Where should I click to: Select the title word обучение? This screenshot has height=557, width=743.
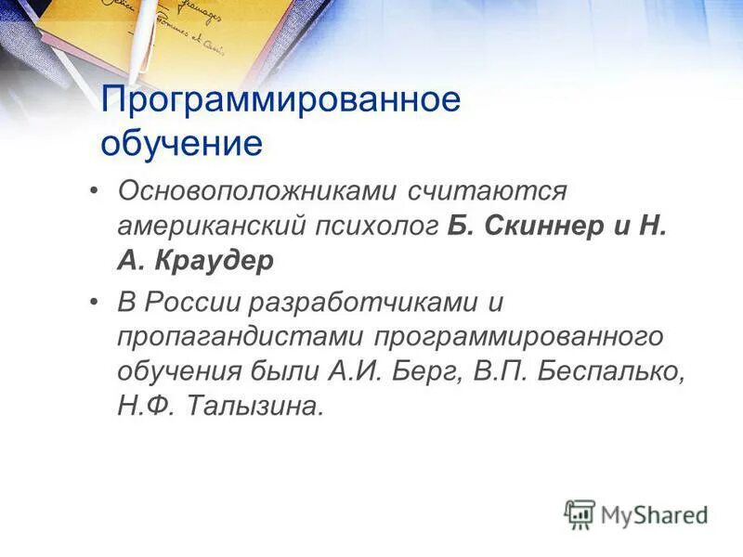pyautogui.click(x=182, y=144)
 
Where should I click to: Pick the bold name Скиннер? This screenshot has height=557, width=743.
pyautogui.click(x=542, y=227)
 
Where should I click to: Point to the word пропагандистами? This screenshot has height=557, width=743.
pyautogui.click(x=243, y=336)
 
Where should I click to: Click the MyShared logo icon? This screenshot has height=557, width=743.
pyautogui.click(x=580, y=513)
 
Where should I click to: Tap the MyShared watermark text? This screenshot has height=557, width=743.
pyautogui.click(x=654, y=514)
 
